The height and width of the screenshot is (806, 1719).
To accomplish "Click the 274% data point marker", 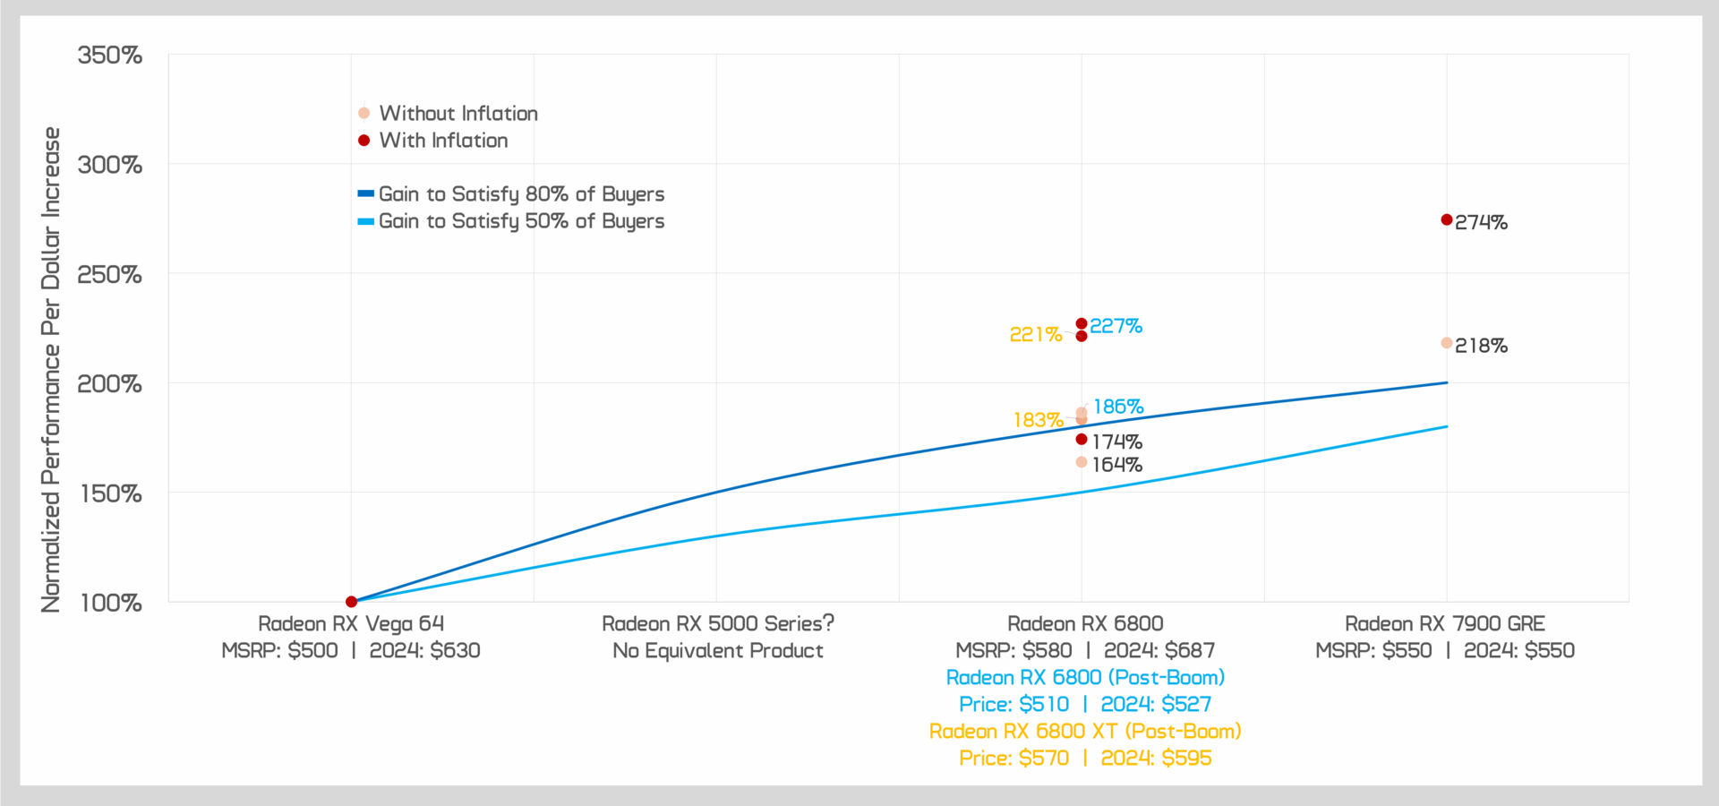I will (x=1447, y=219).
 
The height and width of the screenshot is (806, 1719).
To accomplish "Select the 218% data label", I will (x=1481, y=346).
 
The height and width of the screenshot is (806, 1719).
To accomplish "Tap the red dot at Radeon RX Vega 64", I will (x=351, y=602).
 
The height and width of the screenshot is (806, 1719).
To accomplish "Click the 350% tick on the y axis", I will (x=110, y=56).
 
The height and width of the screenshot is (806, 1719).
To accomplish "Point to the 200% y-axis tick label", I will (x=110, y=384).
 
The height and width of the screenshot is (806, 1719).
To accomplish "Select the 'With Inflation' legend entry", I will (x=443, y=141).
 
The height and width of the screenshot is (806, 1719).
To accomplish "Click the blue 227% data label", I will (x=1116, y=326).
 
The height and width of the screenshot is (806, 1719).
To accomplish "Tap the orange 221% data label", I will (x=1036, y=335).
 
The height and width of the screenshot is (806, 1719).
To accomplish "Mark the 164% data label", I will (x=1116, y=465).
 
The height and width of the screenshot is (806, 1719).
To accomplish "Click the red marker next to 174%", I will (x=1082, y=439).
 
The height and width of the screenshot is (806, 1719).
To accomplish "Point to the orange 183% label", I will (x=1039, y=420).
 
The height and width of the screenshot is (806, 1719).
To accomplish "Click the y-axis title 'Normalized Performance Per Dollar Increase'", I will (x=51, y=370).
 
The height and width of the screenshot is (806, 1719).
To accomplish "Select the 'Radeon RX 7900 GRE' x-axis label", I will (x=1445, y=624).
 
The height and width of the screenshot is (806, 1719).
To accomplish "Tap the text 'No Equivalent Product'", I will (x=718, y=651).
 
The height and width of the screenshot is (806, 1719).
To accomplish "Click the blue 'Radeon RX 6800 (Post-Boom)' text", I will (x=1085, y=678).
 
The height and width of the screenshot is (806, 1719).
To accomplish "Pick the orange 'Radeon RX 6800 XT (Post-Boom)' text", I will (x=1085, y=732).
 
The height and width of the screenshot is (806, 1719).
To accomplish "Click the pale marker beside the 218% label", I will (x=1447, y=343).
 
